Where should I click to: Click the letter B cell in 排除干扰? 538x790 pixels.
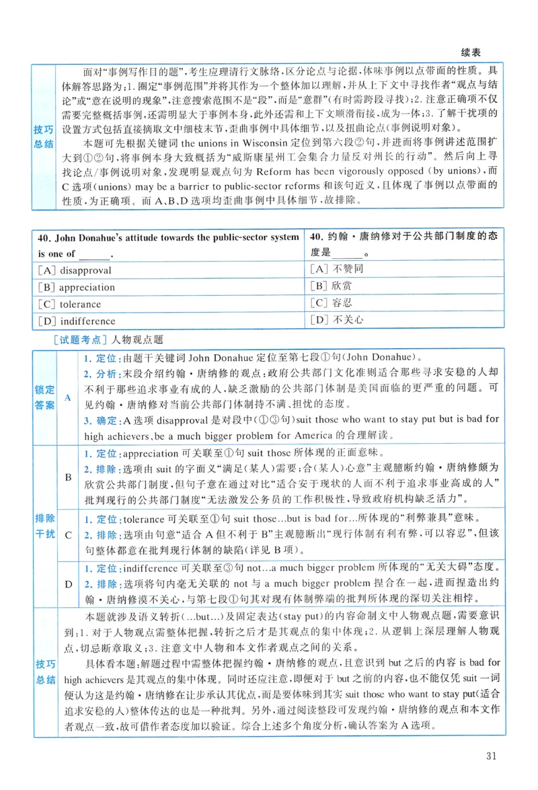click(67, 477)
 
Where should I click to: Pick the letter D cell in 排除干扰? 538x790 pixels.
click(67, 584)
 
